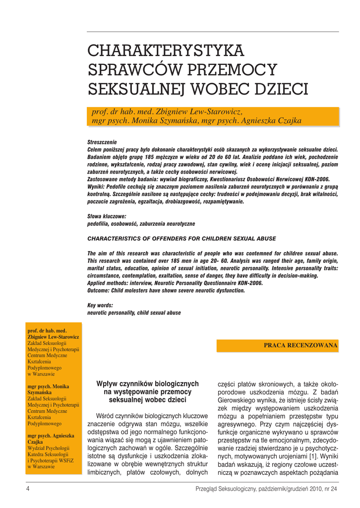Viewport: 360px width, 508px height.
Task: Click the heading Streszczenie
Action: [x=102, y=142]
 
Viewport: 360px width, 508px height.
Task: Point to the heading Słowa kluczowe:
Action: [x=107, y=217]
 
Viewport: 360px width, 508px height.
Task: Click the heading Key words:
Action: [x=100, y=306]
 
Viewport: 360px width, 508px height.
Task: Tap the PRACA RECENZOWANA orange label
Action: [x=300, y=345]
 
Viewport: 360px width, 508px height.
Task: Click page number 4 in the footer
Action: [x=28, y=489]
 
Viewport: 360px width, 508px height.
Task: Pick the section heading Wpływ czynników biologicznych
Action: [x=147, y=383]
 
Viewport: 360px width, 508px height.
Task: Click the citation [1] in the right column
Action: [x=314, y=455]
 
